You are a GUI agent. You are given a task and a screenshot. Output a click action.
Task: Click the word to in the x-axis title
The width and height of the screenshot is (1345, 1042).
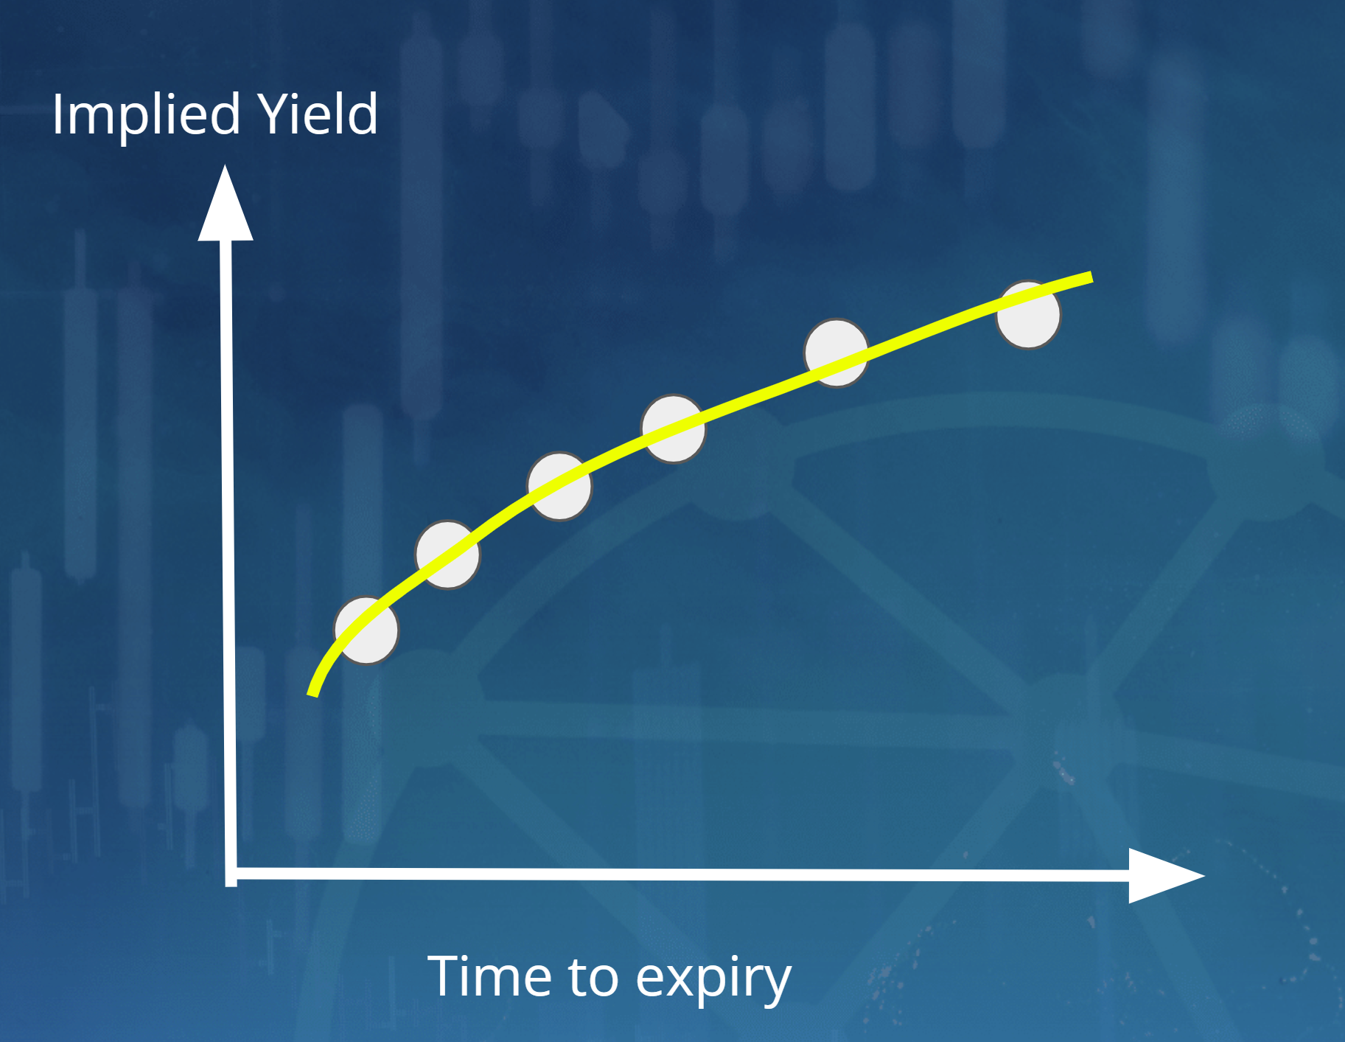pyautogui.click(x=593, y=978)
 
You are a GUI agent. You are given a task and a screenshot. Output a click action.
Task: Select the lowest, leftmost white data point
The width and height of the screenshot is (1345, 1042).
pyautogui.click(x=366, y=631)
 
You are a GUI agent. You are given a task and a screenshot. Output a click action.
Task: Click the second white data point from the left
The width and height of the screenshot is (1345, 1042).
pyautogui.click(x=447, y=555)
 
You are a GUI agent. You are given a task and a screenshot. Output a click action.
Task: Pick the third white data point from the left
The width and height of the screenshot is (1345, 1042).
pyautogui.click(x=559, y=486)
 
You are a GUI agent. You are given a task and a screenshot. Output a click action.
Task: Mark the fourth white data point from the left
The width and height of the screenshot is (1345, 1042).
pyautogui.click(x=673, y=428)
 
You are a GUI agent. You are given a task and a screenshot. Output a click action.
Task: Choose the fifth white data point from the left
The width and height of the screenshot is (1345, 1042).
pyautogui.click(x=836, y=352)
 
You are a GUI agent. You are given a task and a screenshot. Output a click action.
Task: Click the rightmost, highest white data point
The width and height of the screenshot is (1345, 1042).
pyautogui.click(x=1028, y=315)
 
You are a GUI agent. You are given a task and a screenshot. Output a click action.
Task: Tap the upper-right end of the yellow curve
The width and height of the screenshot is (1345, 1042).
pyautogui.click(x=1090, y=277)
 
